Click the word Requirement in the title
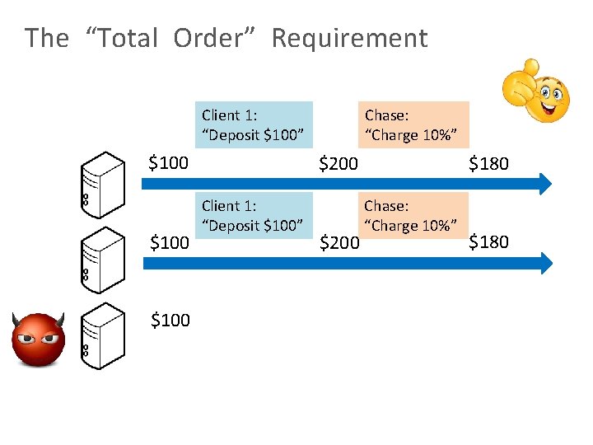(349, 38)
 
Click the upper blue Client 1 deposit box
(256, 124)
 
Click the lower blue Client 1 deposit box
(256, 215)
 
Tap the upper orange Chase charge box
(417, 124)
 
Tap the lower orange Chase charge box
(416, 215)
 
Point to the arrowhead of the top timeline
(543, 183)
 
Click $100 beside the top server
(169, 162)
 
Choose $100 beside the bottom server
(170, 320)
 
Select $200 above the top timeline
(339, 163)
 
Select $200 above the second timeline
(339, 242)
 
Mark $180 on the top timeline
(489, 163)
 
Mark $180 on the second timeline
(489, 241)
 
